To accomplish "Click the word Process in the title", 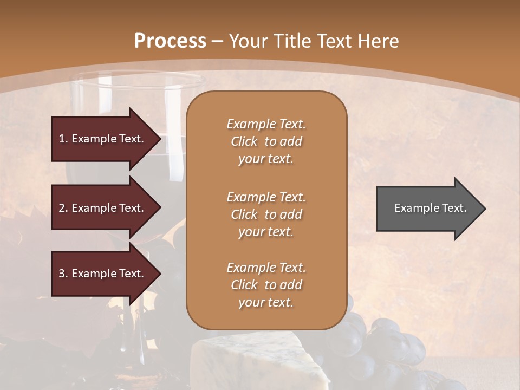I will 170,41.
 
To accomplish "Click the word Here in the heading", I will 379,41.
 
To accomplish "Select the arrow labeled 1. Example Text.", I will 103,139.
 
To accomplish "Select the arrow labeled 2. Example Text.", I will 103,208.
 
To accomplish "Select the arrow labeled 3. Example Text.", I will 103,274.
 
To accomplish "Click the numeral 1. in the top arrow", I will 63,139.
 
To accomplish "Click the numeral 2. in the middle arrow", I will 63,208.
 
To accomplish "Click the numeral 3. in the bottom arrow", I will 63,274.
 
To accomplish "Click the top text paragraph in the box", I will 266,141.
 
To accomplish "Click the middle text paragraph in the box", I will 266,214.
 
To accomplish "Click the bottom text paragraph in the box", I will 266,285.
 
